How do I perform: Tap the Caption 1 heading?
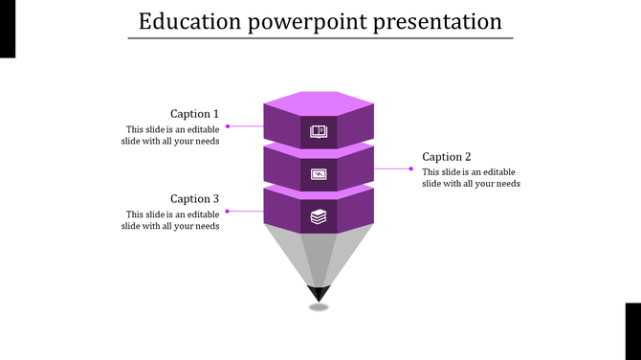click(194, 113)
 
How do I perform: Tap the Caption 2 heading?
click(447, 157)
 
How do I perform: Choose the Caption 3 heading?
click(194, 199)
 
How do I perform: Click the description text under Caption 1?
click(171, 135)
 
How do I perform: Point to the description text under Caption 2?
click(472, 178)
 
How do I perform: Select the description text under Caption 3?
click(171, 220)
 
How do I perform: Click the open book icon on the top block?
click(319, 131)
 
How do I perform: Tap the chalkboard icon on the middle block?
click(319, 174)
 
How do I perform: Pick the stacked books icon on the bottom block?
click(319, 217)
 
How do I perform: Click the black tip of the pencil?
click(319, 292)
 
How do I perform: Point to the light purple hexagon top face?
click(319, 101)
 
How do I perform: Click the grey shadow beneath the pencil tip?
click(319, 307)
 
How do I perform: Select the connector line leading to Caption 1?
click(245, 126)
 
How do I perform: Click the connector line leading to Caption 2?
click(393, 169)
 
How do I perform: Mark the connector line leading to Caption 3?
click(245, 211)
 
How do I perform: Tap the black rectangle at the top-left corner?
click(8, 29)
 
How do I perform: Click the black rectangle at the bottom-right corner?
click(633, 331)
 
